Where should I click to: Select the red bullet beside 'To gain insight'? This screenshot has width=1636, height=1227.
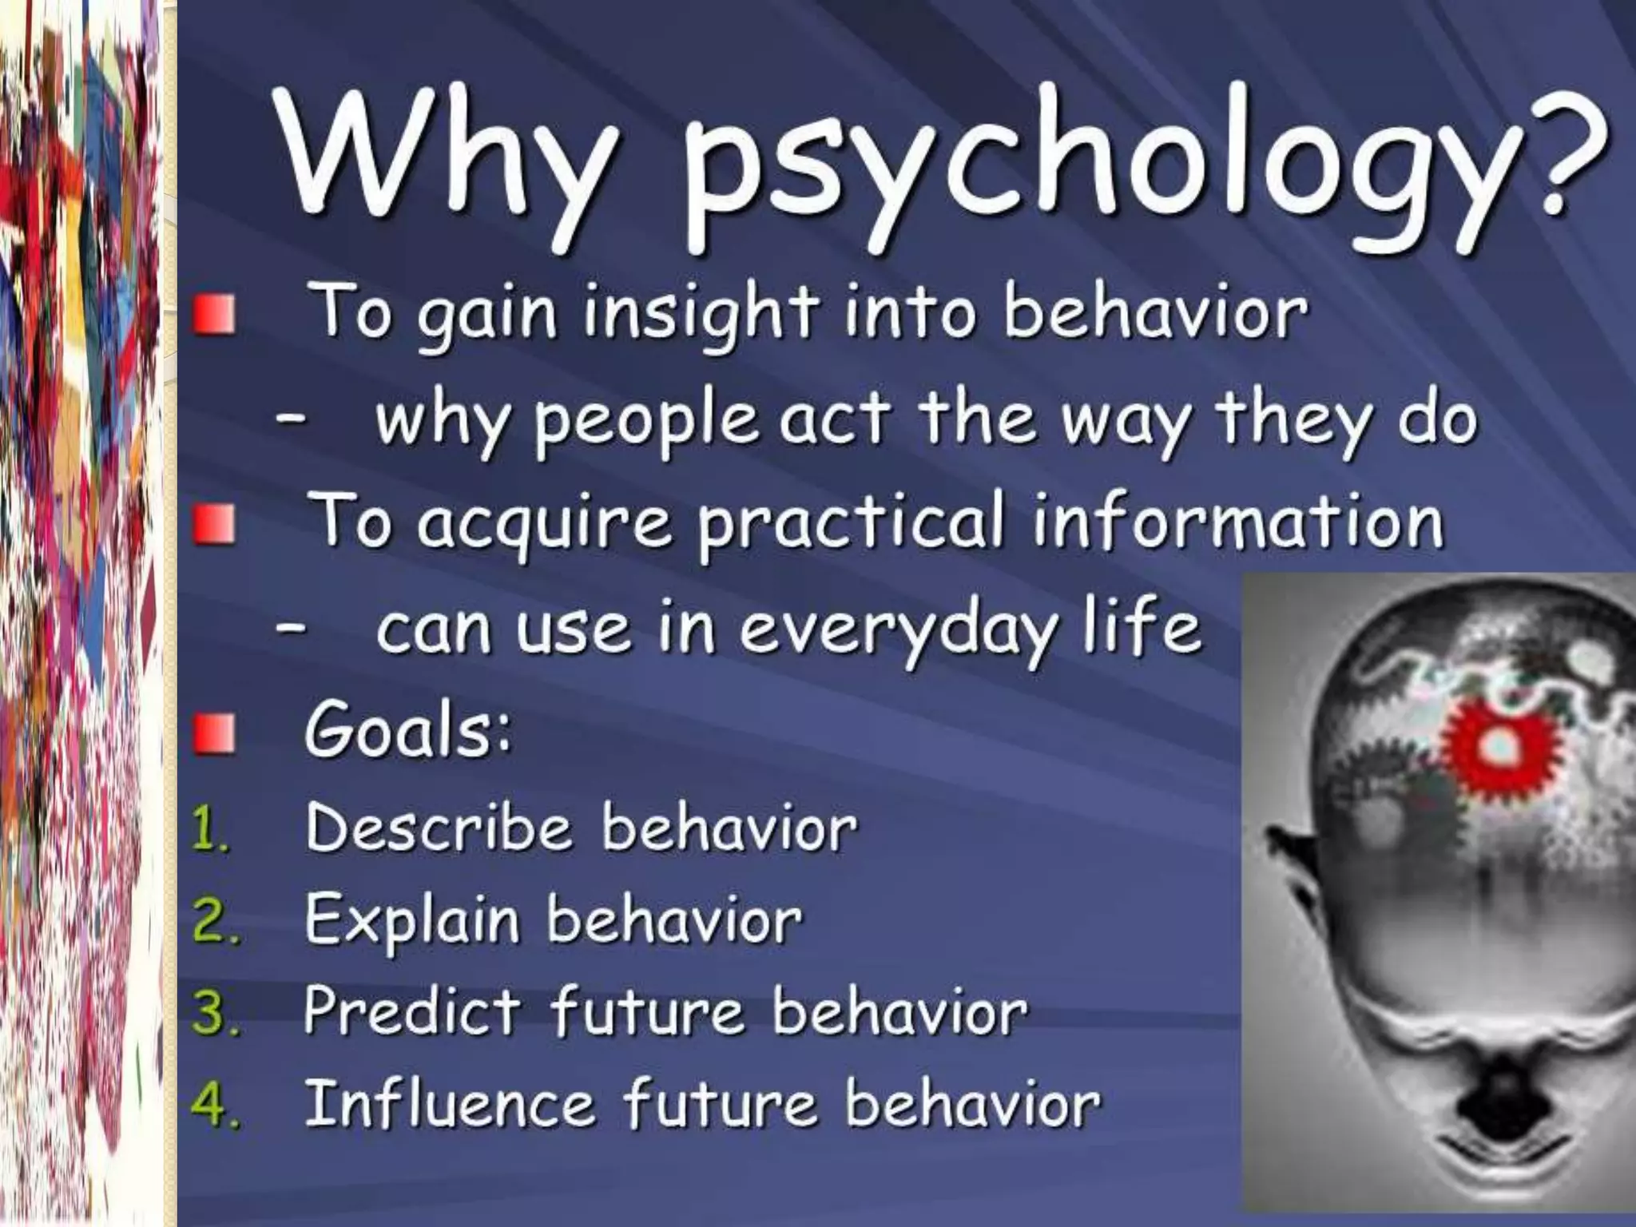(214, 316)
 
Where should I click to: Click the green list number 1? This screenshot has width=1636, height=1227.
(209, 831)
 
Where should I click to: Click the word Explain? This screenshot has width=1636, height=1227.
(411, 922)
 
